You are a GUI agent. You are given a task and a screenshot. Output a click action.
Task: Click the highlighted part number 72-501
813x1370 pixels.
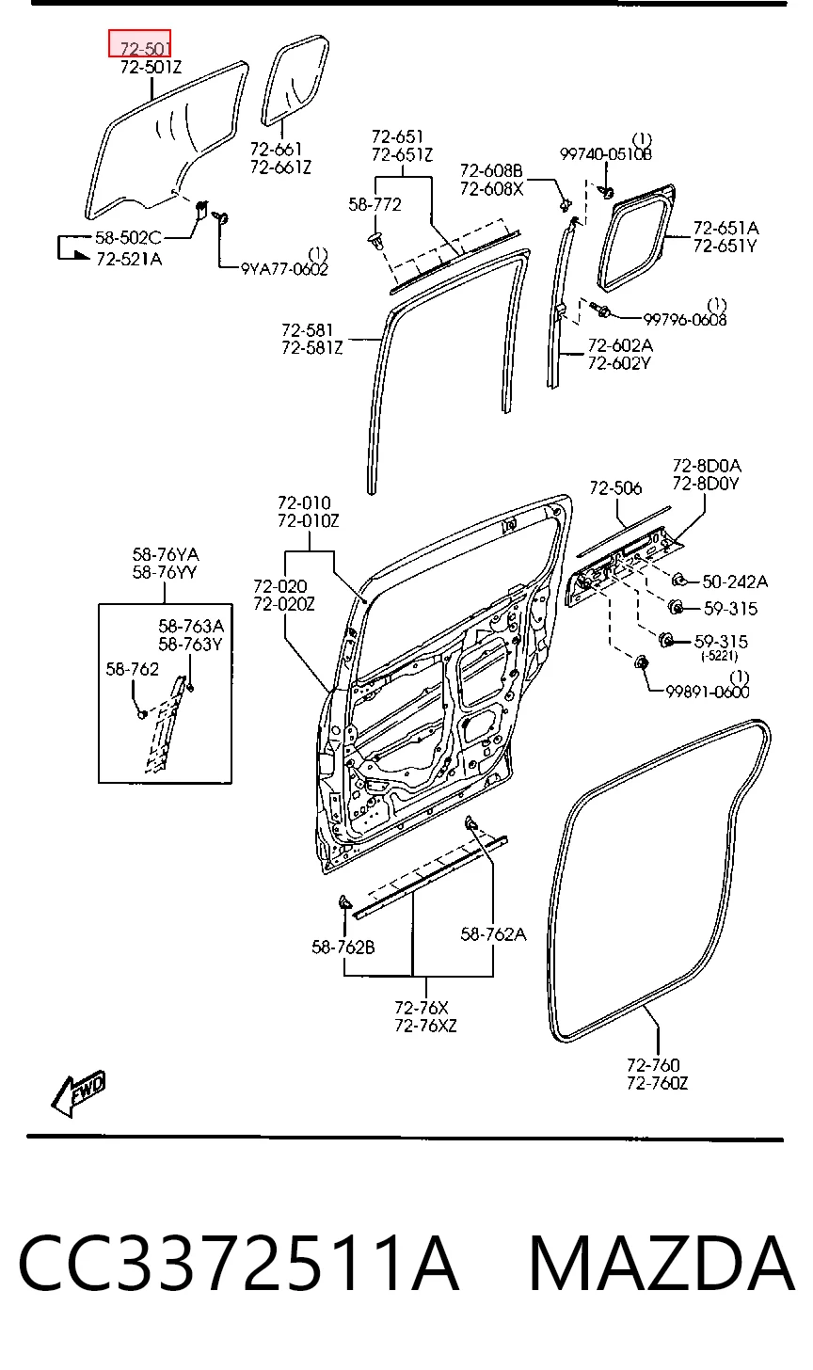[x=145, y=48]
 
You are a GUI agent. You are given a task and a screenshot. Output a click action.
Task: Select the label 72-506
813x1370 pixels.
[x=615, y=488]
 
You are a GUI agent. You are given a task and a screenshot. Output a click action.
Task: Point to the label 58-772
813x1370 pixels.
[x=375, y=204]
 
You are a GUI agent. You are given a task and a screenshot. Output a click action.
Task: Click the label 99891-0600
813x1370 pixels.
[x=708, y=692]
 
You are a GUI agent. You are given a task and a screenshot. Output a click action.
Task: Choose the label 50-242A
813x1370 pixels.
[x=734, y=581]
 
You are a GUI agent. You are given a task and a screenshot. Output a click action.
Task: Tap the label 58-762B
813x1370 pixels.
[x=343, y=948]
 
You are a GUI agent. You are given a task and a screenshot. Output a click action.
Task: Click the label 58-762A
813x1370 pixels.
[x=493, y=934]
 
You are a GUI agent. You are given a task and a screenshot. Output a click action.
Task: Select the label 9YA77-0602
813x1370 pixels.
[x=284, y=269]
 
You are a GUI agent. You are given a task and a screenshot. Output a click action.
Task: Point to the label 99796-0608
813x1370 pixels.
[x=684, y=319]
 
